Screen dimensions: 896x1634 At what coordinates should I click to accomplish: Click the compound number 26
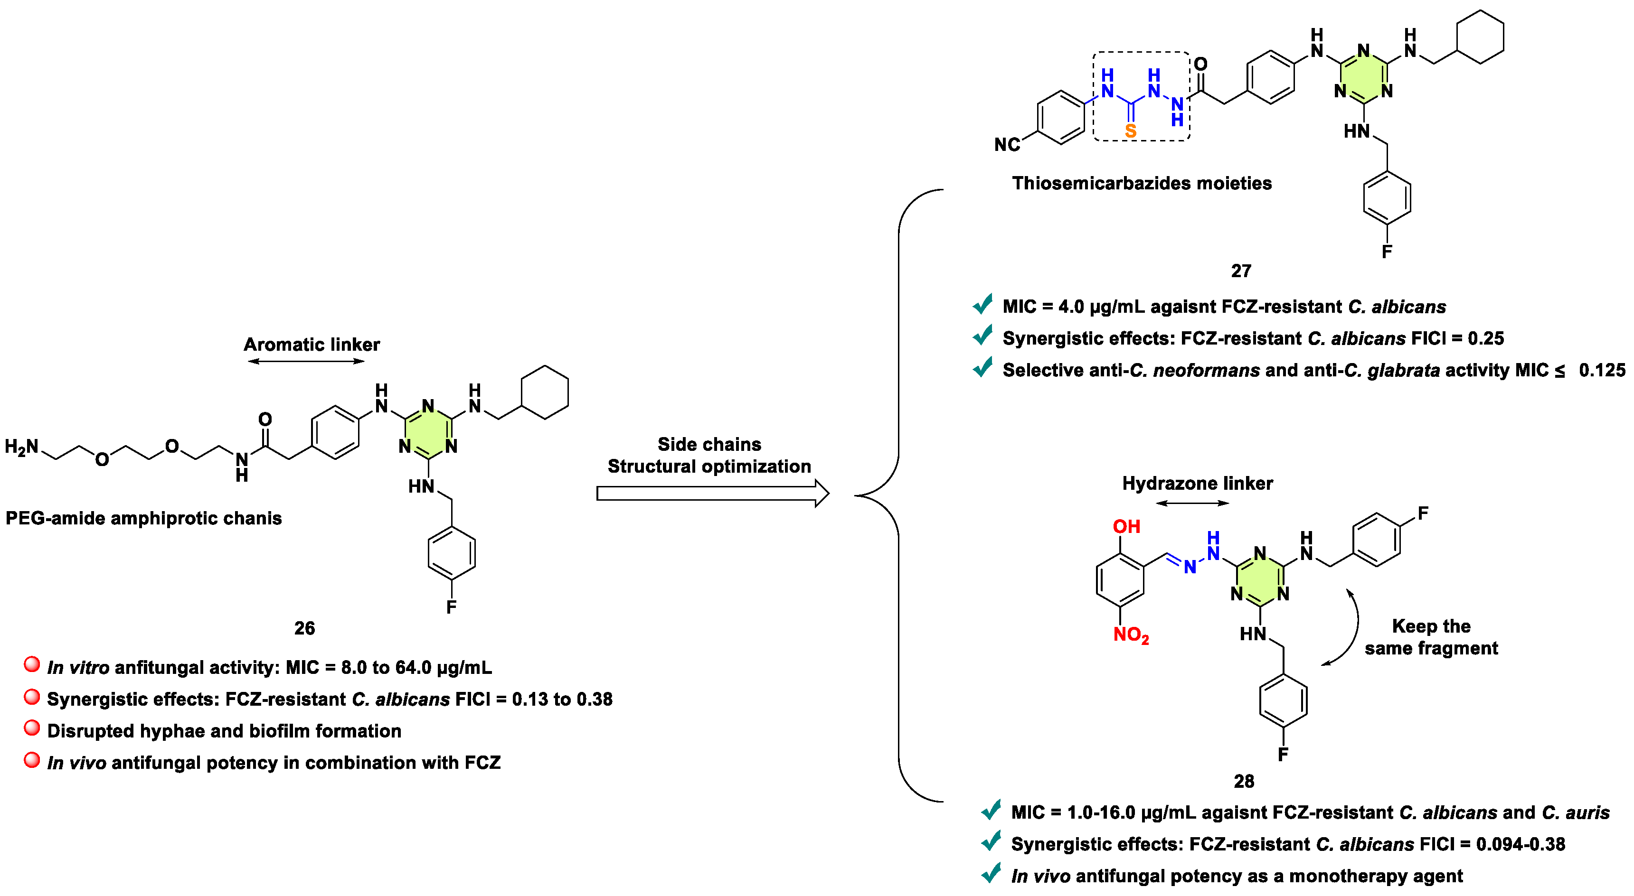pyautogui.click(x=304, y=628)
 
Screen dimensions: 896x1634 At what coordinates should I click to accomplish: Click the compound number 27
pyautogui.click(x=1241, y=271)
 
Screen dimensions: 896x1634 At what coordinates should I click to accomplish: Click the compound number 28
pyautogui.click(x=1243, y=781)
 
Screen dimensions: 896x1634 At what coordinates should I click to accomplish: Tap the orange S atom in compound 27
pyautogui.click(x=1130, y=131)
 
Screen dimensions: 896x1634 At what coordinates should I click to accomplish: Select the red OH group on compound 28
pyautogui.click(x=1126, y=526)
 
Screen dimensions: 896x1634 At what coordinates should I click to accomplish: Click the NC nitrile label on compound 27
pyautogui.click(x=1007, y=145)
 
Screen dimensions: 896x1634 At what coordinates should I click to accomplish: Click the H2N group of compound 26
pyautogui.click(x=21, y=447)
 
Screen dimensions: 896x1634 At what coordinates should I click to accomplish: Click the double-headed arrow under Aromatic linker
pyautogui.click(x=306, y=362)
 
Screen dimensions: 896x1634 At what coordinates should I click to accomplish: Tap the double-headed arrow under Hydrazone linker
pyautogui.click(x=1192, y=504)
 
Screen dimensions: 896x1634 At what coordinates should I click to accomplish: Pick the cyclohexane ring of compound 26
pyautogui.click(x=544, y=392)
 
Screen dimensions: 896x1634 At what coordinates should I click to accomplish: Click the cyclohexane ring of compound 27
pyautogui.click(x=1480, y=37)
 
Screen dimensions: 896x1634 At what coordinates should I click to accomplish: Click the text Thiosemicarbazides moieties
pyautogui.click(x=1142, y=183)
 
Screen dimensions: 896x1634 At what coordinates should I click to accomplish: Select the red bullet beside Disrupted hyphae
pyautogui.click(x=32, y=728)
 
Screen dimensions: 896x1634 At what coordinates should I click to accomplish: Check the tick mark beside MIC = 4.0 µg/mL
pyautogui.click(x=982, y=304)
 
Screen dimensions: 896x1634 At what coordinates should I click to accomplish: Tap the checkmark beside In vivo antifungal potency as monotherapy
pyautogui.click(x=991, y=873)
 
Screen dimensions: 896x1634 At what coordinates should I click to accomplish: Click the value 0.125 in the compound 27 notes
pyautogui.click(x=1602, y=370)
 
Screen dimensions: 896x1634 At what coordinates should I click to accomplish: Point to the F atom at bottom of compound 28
pyautogui.click(x=1283, y=755)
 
